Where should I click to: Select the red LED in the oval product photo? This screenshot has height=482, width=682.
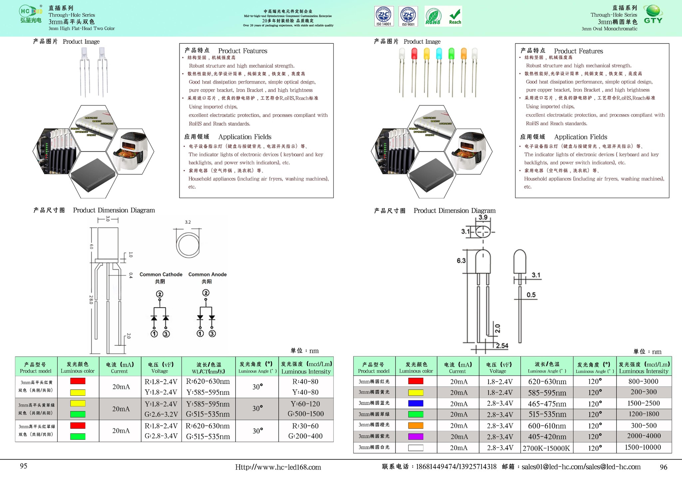pos(414,54)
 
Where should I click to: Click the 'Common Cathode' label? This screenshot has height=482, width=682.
pos(161,274)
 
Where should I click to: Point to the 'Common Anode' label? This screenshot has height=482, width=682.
pos(207,274)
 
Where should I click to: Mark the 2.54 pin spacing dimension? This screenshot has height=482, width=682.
pos(502,346)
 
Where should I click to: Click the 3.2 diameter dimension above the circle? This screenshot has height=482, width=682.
pos(188,222)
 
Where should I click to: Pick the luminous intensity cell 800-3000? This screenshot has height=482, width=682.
pos(643,381)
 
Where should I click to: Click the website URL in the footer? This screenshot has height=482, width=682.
pos(278,467)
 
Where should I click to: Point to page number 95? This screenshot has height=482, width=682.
pos(23,466)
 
